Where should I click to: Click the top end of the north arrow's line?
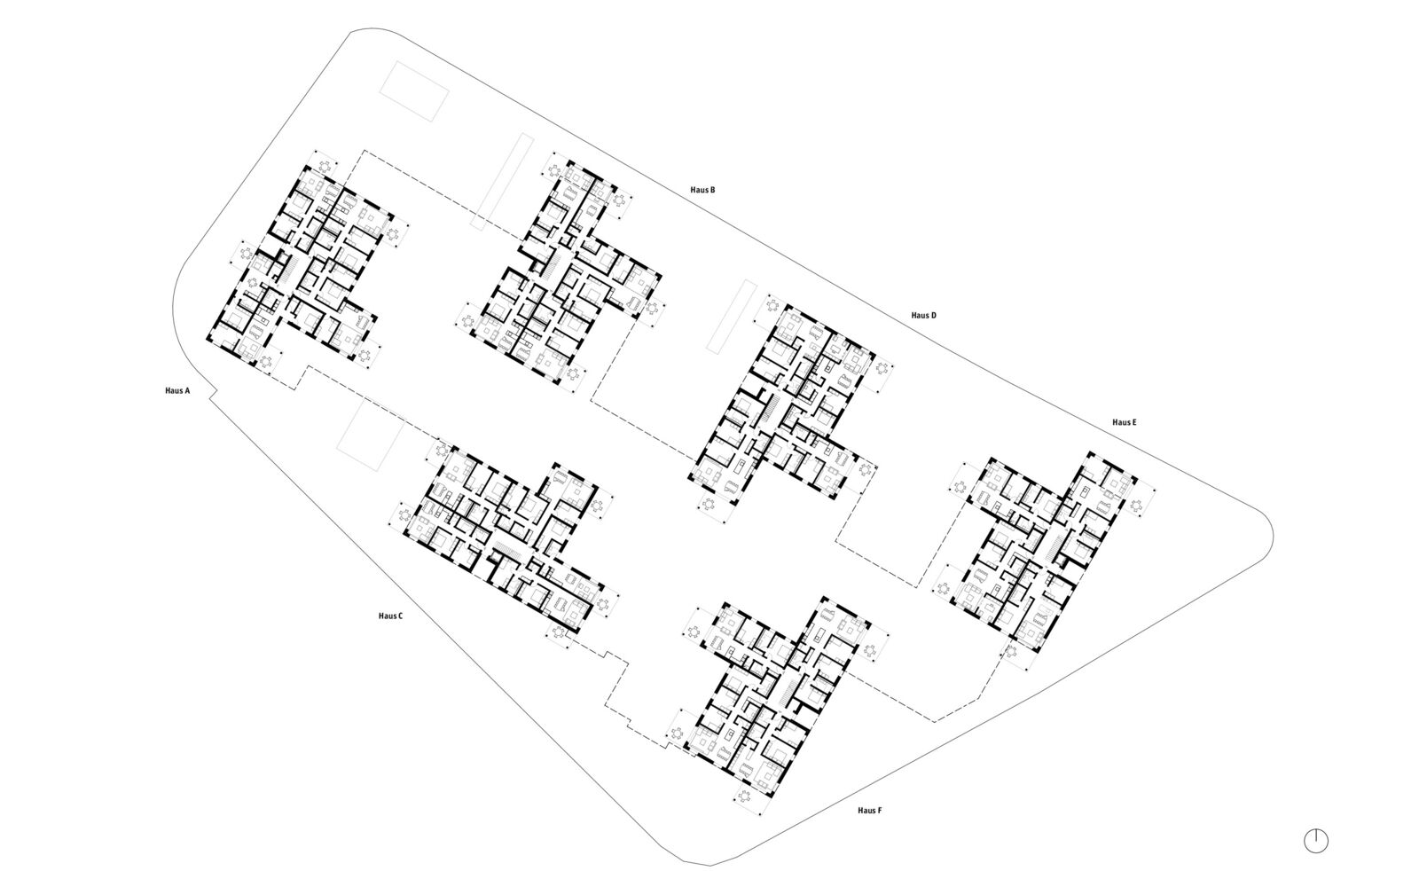pos(1316,829)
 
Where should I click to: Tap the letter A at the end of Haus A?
pos(187,391)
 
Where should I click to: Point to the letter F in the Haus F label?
pos(879,810)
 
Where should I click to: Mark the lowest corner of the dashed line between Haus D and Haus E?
pos(916,587)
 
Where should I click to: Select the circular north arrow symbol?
pos(1316,841)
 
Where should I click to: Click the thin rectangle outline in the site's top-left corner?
pos(414,91)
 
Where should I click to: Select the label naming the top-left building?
pos(177,391)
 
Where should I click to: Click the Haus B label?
pos(703,190)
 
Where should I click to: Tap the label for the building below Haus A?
pos(390,616)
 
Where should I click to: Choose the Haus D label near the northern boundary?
pos(923,316)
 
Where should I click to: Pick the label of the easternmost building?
pos(1125,422)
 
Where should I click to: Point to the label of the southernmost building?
pos(870,810)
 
